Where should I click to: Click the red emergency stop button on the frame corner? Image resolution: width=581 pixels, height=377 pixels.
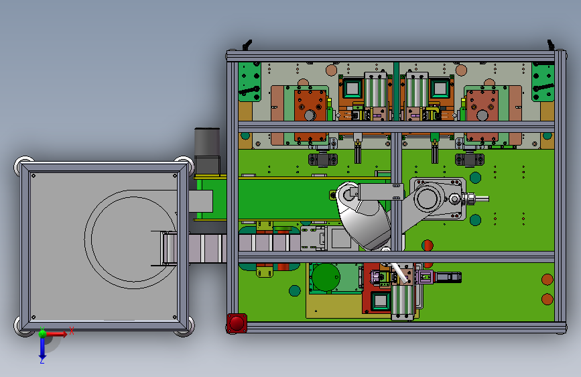[237, 323]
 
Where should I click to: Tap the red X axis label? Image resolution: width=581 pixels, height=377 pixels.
[72, 331]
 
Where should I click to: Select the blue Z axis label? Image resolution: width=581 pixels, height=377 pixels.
[42, 360]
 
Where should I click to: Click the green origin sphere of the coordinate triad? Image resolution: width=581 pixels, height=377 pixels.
[43, 333]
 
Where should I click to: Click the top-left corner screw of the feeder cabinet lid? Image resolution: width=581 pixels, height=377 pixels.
[34, 176]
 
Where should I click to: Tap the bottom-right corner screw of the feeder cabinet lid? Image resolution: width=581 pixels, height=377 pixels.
[175, 317]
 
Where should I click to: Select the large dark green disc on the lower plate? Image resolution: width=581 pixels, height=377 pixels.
[326, 277]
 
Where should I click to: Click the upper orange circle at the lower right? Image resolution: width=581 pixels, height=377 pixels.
[547, 280]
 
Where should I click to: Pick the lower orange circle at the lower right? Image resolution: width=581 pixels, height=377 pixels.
[547, 299]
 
